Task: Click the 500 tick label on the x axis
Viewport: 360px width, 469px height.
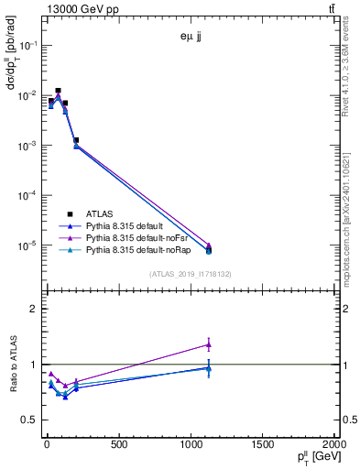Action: [x=118, y=445]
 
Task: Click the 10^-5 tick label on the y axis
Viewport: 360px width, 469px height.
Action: [x=25, y=245]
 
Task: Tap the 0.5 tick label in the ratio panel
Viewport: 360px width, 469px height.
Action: [x=28, y=420]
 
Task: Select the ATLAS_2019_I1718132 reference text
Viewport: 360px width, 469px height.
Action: [x=191, y=273]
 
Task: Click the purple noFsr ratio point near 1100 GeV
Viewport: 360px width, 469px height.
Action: [x=209, y=344]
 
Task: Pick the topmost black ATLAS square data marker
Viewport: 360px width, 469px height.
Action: [x=58, y=91]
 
